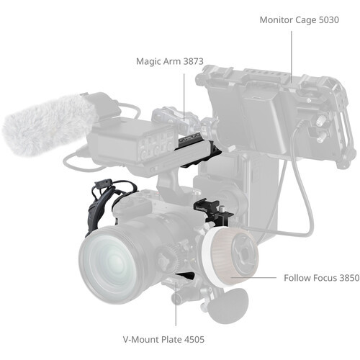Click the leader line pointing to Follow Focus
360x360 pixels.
click(263, 276)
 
